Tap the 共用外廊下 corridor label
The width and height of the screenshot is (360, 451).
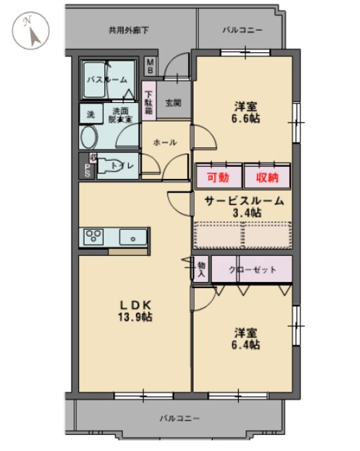pyautogui.click(x=128, y=30)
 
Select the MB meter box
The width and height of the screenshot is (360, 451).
pyautogui.click(x=150, y=66)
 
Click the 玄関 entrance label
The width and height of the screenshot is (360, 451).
pyautogui.click(x=173, y=102)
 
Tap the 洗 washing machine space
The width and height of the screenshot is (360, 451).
pyautogui.click(x=89, y=113)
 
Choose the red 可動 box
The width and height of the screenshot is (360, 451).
pyautogui.click(x=217, y=177)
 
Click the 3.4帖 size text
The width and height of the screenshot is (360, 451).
pyautogui.click(x=247, y=212)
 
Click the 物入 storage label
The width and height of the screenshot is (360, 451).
pyautogui.click(x=201, y=268)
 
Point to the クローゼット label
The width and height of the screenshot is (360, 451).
pyautogui.click(x=252, y=269)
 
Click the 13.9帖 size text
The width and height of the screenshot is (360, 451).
pyautogui.click(x=136, y=318)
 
